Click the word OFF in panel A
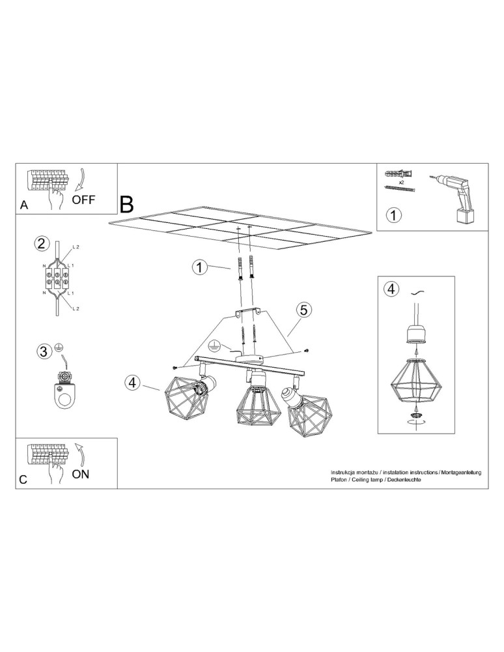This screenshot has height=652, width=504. (x=84, y=200)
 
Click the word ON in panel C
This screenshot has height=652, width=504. (x=81, y=474)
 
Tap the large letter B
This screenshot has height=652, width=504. (x=127, y=203)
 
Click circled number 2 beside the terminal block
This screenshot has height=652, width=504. (x=41, y=244)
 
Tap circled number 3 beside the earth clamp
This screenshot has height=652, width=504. (x=43, y=352)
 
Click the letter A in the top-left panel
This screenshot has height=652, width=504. (x=24, y=205)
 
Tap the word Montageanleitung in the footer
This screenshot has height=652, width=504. (x=461, y=471)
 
